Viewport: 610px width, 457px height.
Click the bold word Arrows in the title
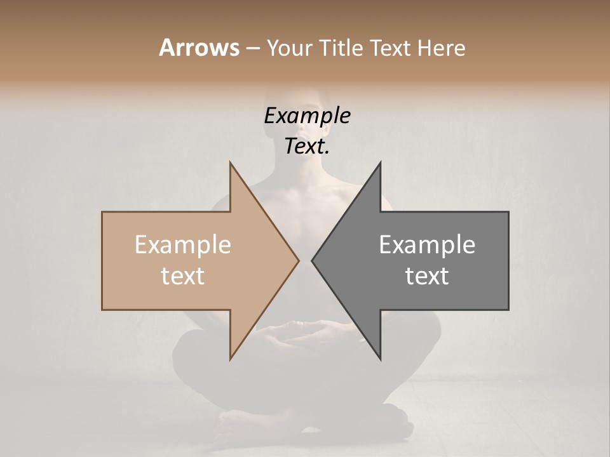click(x=199, y=48)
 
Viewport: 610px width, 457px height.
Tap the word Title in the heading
click(x=341, y=48)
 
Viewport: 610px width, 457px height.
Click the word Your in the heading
click(x=288, y=48)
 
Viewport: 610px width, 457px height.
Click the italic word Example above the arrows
click(x=307, y=116)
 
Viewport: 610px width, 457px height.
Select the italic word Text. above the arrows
click(x=307, y=146)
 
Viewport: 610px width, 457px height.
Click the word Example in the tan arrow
click(x=183, y=245)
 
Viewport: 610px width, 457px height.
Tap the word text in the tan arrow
click(x=183, y=276)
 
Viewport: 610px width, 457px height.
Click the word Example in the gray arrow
click(x=427, y=245)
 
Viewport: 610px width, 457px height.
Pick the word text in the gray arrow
click(x=427, y=276)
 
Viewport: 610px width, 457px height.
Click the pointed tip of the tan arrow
click(x=298, y=260)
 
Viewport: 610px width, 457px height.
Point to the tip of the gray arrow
click(x=312, y=260)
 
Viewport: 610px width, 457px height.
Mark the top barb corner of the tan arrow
click(x=230, y=163)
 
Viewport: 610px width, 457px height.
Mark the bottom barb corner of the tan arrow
click(x=230, y=359)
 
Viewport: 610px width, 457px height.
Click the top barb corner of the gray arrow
click(x=380, y=163)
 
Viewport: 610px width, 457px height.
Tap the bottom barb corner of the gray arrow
click(x=380, y=359)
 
